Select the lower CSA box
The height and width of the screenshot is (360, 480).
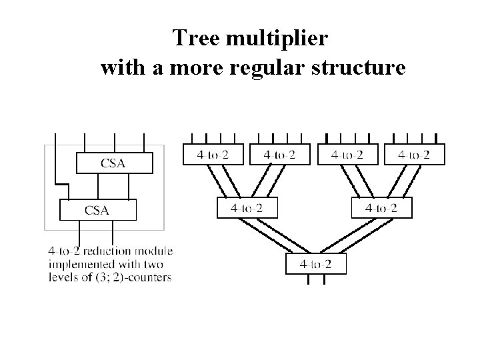click(97, 210)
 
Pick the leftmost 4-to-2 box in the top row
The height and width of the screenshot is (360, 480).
click(213, 155)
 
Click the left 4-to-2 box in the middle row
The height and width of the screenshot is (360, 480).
click(247, 208)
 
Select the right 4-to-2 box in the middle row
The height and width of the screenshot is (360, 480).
click(381, 208)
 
